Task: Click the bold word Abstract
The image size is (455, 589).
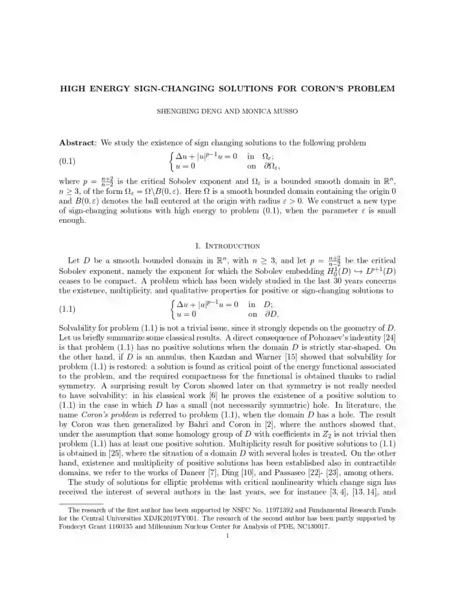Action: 79,143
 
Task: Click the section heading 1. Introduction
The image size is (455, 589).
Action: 228,246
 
